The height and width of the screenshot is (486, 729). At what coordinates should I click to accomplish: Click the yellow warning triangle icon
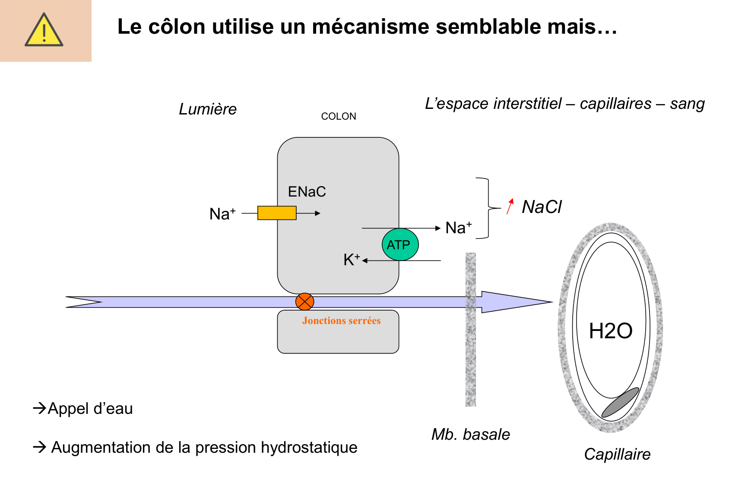coord(44,30)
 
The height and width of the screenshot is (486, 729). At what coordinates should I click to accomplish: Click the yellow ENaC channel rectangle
coord(277,213)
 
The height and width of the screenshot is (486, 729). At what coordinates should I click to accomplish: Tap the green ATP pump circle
coord(400,245)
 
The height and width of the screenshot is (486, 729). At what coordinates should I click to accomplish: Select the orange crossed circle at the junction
coord(304,302)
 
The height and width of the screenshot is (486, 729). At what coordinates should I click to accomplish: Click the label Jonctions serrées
coord(341,321)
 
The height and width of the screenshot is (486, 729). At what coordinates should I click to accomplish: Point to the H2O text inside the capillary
coord(610,331)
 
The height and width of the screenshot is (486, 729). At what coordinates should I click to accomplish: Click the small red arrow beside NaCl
coord(510,206)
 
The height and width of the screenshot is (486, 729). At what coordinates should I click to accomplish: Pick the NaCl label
coord(542,207)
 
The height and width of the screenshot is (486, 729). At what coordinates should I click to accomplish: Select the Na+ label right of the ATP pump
coord(458,228)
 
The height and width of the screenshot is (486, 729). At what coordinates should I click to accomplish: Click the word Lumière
coord(208,109)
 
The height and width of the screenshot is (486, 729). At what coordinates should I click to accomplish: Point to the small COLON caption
coord(339,116)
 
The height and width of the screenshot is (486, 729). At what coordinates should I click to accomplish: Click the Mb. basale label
coord(471,434)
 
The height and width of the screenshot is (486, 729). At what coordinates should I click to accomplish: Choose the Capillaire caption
coord(617,454)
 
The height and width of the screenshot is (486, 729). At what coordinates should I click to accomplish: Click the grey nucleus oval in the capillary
coord(620,402)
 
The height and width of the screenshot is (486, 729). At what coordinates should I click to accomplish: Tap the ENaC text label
coord(307,191)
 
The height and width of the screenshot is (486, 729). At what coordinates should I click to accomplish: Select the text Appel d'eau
coord(90,408)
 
